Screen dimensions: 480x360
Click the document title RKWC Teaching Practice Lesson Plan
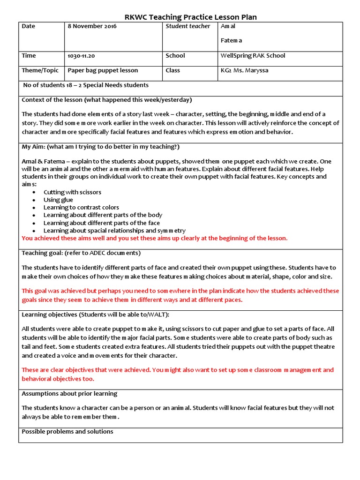pyautogui.click(x=190, y=17)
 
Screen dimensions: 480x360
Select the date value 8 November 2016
pyautogui.click(x=92, y=26)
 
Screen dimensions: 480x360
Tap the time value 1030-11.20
pyautogui.click(x=81, y=56)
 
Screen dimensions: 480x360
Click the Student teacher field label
pyautogui.click(x=187, y=26)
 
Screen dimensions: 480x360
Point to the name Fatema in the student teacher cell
pyautogui.click(x=231, y=41)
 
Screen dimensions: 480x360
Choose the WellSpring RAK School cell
pyautogui.click(x=253, y=56)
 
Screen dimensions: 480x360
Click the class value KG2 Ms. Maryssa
pyautogui.click(x=244, y=71)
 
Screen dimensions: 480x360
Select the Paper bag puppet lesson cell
pyautogui.click(x=103, y=71)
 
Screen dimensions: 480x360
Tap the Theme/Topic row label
pyautogui.click(x=40, y=70)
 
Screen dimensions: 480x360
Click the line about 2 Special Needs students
pyautogui.click(x=86, y=85)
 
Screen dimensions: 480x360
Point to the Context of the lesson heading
pyautogui.click(x=107, y=100)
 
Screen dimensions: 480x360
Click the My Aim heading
pyautogui.click(x=100, y=147)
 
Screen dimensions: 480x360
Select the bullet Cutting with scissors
pyautogui.click(x=72, y=192)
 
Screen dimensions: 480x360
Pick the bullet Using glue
pyautogui.click(x=58, y=200)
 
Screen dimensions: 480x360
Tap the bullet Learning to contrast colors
pyautogui.click(x=81, y=207)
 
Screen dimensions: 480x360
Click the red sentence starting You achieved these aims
pyautogui.click(x=154, y=238)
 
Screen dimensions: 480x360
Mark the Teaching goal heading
pyautogui.click(x=81, y=253)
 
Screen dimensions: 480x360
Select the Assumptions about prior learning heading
pyautogui.click(x=69, y=394)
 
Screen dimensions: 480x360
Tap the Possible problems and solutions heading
pyautogui.click(x=67, y=432)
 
